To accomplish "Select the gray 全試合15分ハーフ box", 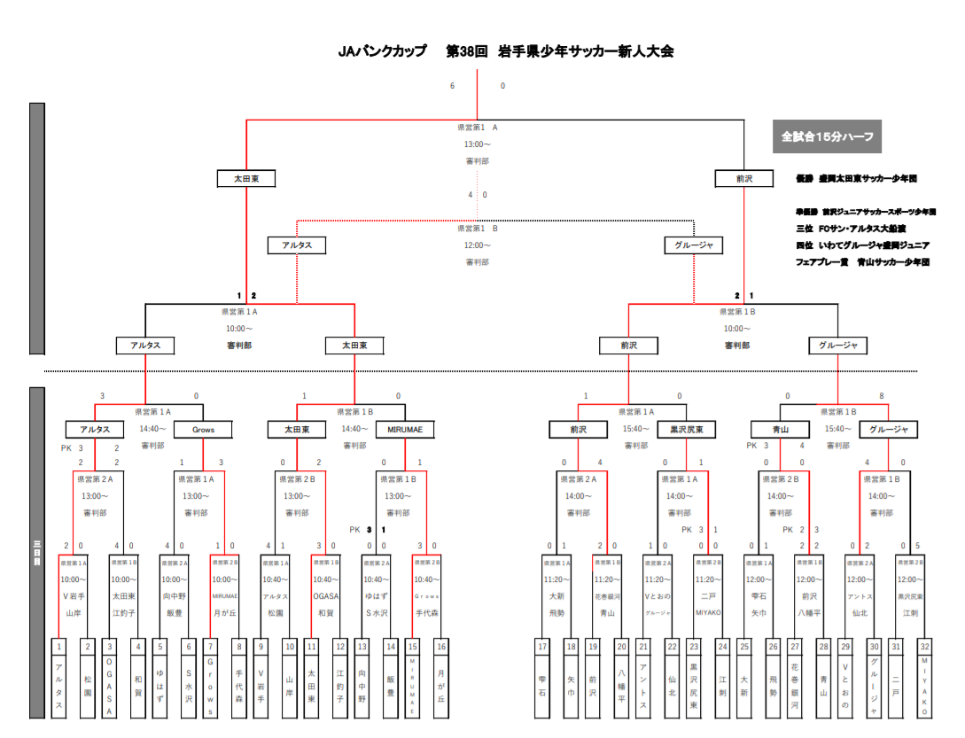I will (827, 137).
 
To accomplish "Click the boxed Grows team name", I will (203, 430).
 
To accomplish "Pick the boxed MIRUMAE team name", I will (405, 430).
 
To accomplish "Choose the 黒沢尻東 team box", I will (687, 430).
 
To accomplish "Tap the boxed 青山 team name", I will (781, 430).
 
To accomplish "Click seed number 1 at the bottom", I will (59, 647).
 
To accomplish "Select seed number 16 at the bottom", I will (440, 647).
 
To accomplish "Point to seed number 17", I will (542, 647).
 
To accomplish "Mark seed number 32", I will (924, 647).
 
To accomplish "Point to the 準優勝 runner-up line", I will (865, 212).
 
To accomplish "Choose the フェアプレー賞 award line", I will (861, 262).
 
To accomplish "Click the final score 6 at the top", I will (452, 86).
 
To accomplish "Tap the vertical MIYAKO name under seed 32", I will (924, 687).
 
